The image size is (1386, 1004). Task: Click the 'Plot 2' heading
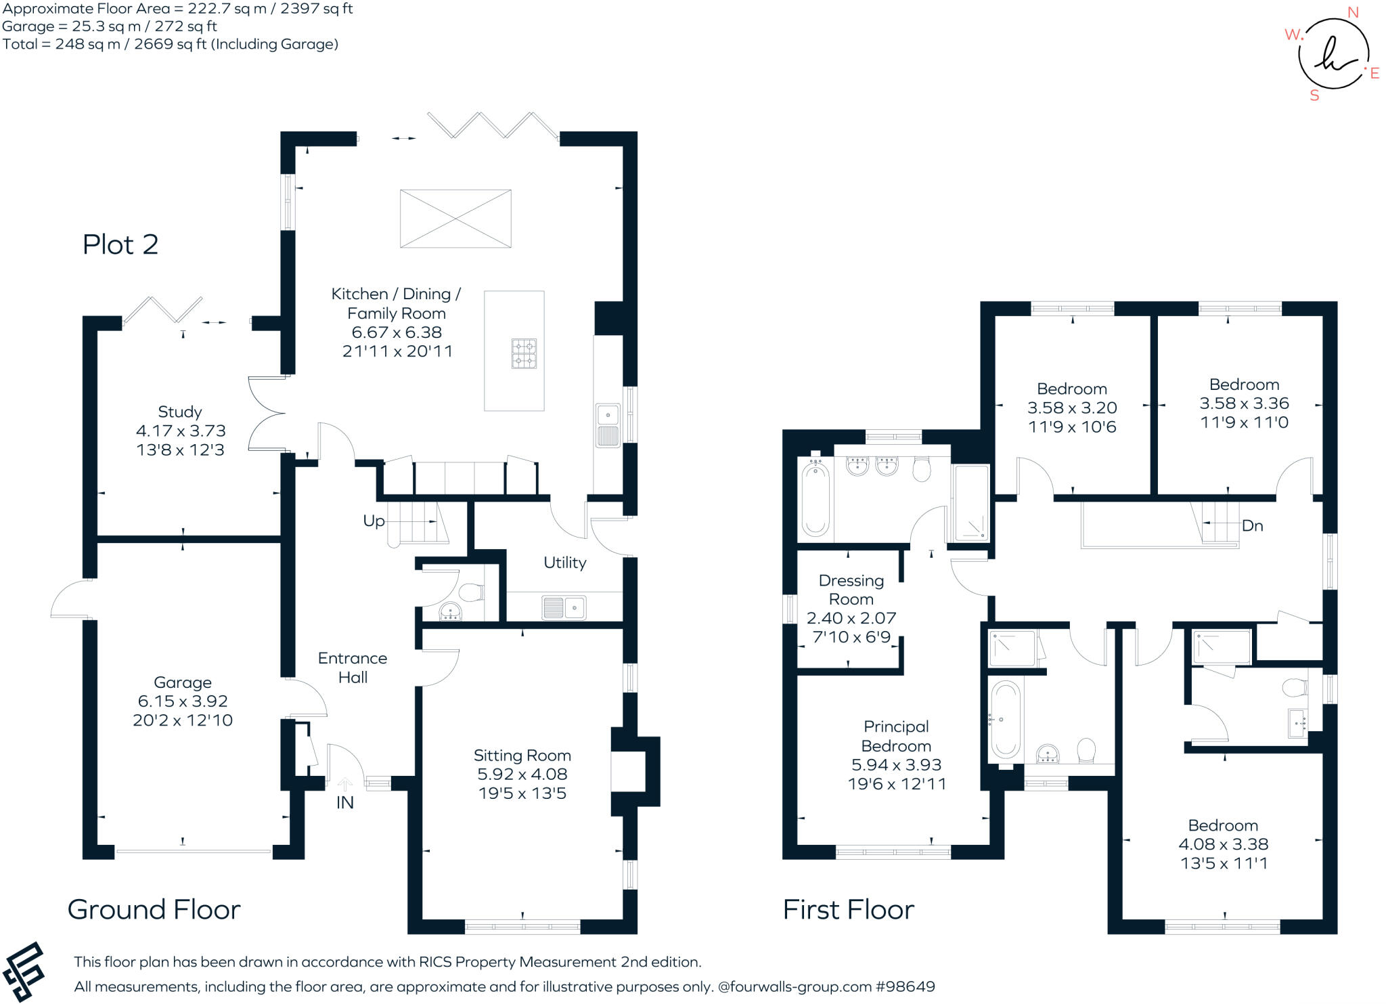tap(120, 244)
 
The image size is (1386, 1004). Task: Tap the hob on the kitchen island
tap(524, 353)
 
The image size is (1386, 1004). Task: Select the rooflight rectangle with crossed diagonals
tap(455, 219)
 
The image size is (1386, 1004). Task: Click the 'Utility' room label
tap(564, 563)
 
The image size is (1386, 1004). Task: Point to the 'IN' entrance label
tap(344, 803)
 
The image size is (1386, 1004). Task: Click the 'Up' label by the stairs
tap(374, 521)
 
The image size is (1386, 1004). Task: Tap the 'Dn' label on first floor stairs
tap(1252, 526)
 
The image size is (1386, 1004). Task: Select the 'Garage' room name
tap(182, 682)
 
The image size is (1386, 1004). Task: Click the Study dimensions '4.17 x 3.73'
tap(181, 431)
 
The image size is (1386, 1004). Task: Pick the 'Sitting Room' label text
tap(522, 756)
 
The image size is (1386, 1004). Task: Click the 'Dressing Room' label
tap(851, 590)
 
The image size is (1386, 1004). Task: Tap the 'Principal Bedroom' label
tap(896, 736)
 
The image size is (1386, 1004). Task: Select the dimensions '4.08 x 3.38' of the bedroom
tap(1223, 844)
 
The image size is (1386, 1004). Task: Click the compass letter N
tap(1353, 12)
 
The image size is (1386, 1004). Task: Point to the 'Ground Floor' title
tap(154, 909)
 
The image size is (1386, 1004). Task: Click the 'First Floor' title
tap(848, 909)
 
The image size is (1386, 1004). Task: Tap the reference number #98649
tap(905, 986)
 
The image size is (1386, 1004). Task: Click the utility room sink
tap(564, 608)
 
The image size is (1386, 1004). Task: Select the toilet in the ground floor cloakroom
tap(472, 592)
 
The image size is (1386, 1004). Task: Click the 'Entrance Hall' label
tap(353, 668)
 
